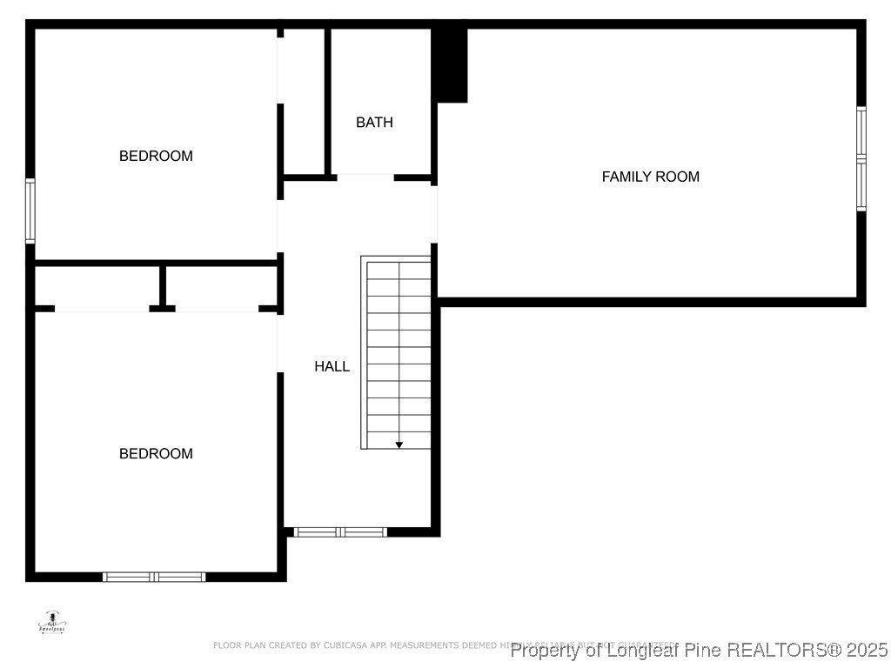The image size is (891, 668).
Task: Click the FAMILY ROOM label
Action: point(650,177)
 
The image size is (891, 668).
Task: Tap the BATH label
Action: point(374,123)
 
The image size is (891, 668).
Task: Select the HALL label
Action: point(332,367)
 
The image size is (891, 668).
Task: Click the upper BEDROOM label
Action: point(156,156)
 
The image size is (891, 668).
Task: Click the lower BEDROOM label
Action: point(156,453)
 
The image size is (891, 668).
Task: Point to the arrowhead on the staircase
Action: point(399,444)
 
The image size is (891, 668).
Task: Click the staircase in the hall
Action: point(397,352)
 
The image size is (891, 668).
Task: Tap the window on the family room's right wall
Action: point(861,158)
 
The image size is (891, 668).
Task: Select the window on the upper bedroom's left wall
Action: point(30,210)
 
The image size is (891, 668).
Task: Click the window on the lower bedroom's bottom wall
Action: point(154,576)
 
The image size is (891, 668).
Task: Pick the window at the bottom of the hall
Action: point(340,531)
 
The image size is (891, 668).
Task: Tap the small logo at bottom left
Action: point(51,623)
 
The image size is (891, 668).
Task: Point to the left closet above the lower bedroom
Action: point(97,286)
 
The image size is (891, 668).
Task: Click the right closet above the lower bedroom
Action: point(221,286)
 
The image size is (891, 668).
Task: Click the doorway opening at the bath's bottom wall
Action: point(365,177)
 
